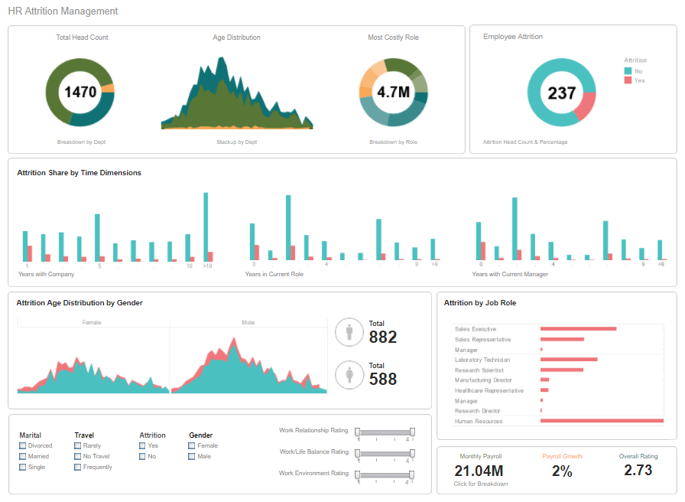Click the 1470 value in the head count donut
click(x=80, y=93)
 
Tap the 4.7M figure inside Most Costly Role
click(x=394, y=93)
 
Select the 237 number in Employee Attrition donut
click(x=562, y=93)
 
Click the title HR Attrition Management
click(x=63, y=11)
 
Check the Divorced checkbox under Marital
click(x=23, y=445)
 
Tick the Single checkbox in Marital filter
click(x=23, y=467)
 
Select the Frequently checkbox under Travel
click(x=78, y=467)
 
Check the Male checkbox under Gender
click(x=192, y=456)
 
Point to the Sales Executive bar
click(x=578, y=328)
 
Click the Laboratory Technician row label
click(x=482, y=360)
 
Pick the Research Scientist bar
click(x=561, y=370)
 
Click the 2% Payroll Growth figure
click(x=562, y=471)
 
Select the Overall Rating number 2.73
click(x=638, y=471)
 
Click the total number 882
click(x=383, y=337)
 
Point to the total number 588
click(x=383, y=378)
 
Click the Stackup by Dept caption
click(x=236, y=142)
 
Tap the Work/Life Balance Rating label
click(x=313, y=451)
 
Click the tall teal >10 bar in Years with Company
click(x=206, y=226)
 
